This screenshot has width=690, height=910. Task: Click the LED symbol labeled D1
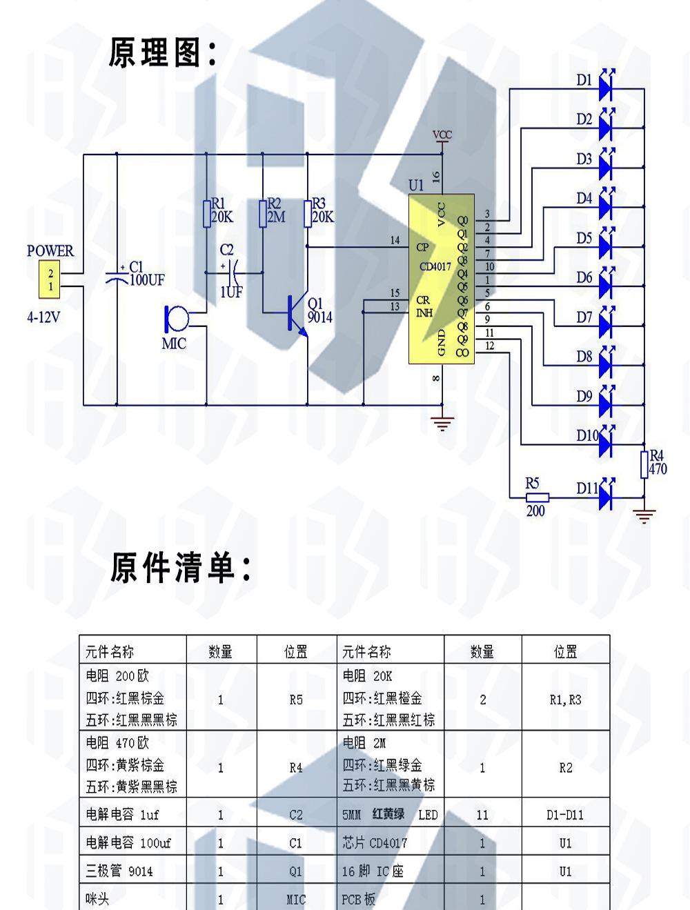point(606,86)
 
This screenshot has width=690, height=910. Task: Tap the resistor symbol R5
point(536,497)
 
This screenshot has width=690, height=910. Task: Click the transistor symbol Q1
point(297,314)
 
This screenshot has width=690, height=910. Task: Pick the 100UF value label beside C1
point(147,280)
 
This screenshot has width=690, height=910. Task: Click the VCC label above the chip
point(442,135)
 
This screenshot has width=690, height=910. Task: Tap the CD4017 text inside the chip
point(435,266)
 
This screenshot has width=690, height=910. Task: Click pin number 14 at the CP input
point(395,241)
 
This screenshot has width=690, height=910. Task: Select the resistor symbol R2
point(262,213)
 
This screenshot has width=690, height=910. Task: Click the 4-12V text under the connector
point(43,318)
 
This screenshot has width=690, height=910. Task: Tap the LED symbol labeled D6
point(606,283)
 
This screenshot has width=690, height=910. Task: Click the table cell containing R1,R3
point(565,699)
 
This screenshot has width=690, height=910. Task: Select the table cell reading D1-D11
point(565,815)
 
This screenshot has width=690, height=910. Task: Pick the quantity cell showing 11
point(482,815)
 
